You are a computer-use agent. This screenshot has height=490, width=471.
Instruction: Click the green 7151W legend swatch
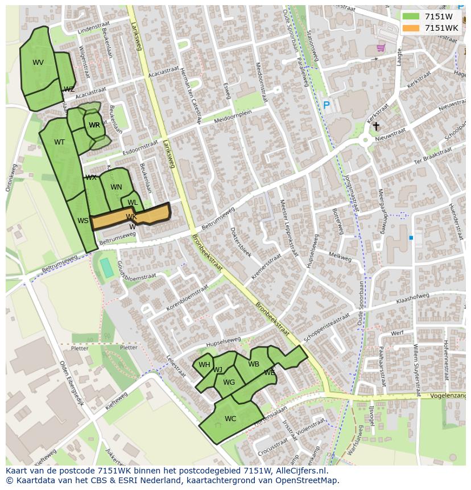pos(410,17)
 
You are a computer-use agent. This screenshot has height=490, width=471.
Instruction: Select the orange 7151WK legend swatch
pos(410,28)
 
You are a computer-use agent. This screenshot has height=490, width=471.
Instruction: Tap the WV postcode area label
pos(38,63)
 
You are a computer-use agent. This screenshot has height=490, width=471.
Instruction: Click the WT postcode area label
pos(59,142)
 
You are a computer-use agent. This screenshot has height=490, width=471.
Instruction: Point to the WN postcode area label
pos(116,187)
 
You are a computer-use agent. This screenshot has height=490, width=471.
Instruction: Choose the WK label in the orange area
pos(131,217)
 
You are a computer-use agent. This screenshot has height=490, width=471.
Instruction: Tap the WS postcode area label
pos(83,221)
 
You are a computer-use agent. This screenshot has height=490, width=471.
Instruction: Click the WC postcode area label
pos(230,419)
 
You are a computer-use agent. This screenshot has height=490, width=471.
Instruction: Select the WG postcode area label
pos(229,382)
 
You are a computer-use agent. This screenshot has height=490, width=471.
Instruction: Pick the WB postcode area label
pos(254,364)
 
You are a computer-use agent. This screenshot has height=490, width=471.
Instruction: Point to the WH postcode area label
pos(204,365)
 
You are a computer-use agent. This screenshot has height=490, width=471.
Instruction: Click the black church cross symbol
pos(376,126)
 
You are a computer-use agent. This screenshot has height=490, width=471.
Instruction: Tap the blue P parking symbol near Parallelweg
pos(327,105)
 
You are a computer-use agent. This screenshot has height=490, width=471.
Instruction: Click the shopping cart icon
pos(381,48)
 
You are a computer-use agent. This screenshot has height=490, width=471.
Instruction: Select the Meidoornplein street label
pos(233,118)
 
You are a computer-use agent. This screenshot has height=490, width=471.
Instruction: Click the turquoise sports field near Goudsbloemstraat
pos(107,267)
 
